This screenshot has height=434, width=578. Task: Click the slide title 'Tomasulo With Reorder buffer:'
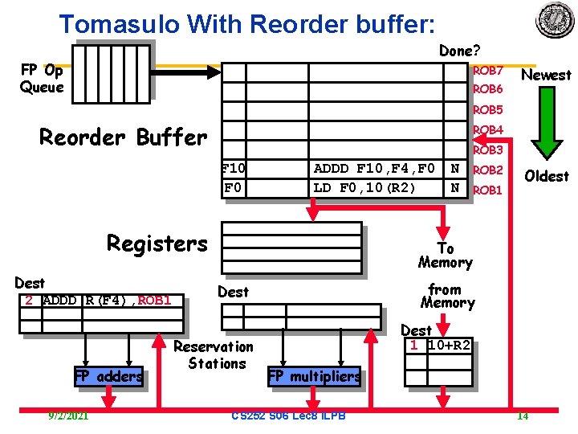(x=247, y=23)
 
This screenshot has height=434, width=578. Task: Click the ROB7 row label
(x=487, y=71)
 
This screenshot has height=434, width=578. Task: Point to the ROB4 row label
(x=487, y=130)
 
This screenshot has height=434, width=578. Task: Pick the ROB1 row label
(x=487, y=190)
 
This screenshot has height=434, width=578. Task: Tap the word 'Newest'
(x=546, y=76)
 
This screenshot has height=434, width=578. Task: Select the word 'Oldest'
(x=546, y=176)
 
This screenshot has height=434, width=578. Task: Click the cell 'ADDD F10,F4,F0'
(x=374, y=169)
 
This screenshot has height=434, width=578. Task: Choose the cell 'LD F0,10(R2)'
(x=364, y=188)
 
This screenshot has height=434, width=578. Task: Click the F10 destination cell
(x=234, y=169)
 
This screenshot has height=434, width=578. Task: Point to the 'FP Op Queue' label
(x=41, y=79)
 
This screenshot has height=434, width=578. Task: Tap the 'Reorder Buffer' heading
(x=123, y=137)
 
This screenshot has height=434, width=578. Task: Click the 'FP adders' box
(x=108, y=375)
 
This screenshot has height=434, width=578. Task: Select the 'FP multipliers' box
(x=314, y=376)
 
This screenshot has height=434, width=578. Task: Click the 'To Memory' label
(x=445, y=256)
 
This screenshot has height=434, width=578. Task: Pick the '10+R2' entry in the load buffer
(x=450, y=346)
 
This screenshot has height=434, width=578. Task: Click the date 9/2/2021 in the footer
(x=68, y=416)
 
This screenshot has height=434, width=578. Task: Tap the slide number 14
(x=522, y=416)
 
